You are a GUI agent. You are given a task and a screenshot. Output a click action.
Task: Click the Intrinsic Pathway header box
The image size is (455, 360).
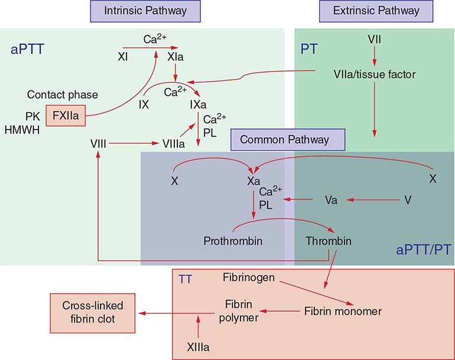[x=145, y=11]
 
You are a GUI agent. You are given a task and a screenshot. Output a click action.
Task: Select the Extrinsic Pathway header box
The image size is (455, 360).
[x=376, y=11]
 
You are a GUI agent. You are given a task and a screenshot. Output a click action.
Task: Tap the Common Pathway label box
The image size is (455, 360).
[x=288, y=140]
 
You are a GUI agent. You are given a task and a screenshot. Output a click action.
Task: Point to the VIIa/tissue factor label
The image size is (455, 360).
[x=373, y=75]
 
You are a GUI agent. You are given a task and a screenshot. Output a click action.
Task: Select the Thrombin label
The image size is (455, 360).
[x=329, y=241]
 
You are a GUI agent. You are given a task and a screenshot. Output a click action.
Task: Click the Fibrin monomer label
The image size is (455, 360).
[x=343, y=311]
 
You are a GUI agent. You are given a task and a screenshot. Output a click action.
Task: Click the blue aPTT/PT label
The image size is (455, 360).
[x=423, y=249]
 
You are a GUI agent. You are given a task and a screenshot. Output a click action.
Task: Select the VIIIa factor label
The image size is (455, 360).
[x=175, y=144]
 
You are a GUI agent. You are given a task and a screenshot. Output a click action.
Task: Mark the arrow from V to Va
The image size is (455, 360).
[x=371, y=200]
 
